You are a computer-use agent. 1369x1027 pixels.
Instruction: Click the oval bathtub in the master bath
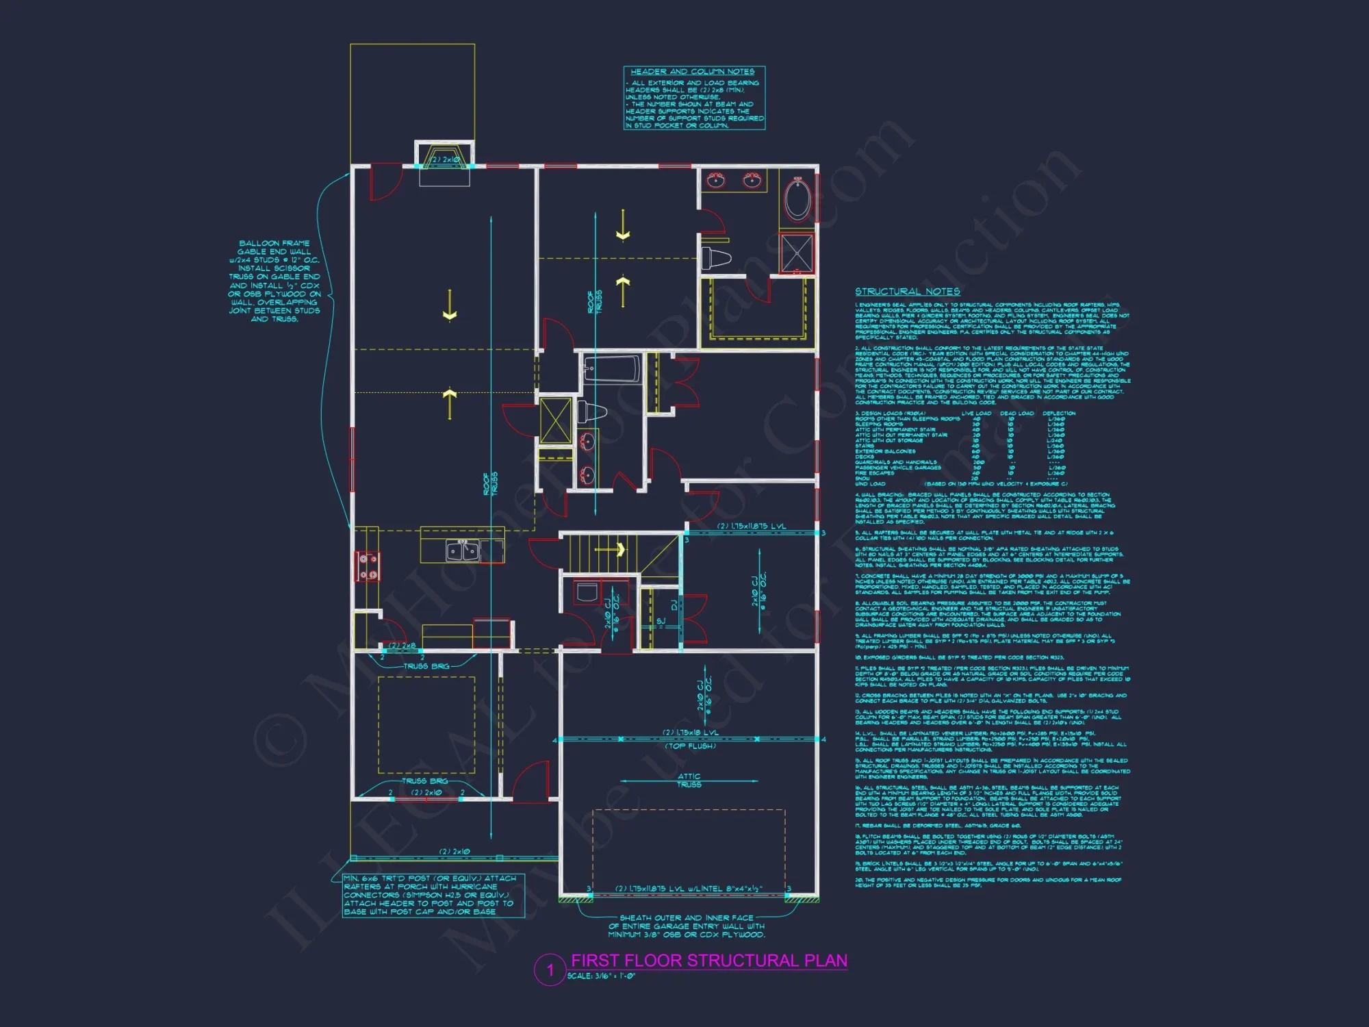pyautogui.click(x=797, y=199)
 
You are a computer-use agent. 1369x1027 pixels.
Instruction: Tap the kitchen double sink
pyautogui.click(x=462, y=550)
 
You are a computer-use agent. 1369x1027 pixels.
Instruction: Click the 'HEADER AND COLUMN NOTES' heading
pyautogui.click(x=693, y=71)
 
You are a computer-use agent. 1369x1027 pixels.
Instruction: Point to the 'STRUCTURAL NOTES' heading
pyautogui.click(x=907, y=292)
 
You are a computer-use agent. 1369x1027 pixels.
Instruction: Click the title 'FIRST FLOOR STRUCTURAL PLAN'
pyautogui.click(x=709, y=961)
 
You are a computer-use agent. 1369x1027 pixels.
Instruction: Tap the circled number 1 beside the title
pyautogui.click(x=550, y=969)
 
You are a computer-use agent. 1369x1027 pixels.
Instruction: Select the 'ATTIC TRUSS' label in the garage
pyautogui.click(x=689, y=781)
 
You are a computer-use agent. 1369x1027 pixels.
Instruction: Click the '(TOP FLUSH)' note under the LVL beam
pyautogui.click(x=690, y=746)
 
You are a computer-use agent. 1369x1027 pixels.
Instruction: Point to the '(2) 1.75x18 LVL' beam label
pyautogui.click(x=690, y=733)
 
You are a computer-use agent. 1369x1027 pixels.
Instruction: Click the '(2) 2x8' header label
pyautogui.click(x=402, y=646)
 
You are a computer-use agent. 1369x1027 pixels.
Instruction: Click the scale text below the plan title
pyautogui.click(x=601, y=976)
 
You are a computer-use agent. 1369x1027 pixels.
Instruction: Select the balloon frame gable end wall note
pyautogui.click(x=274, y=281)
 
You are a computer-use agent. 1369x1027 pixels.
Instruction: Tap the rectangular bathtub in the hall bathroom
pyautogui.click(x=612, y=368)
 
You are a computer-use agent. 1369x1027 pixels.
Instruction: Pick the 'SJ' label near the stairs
pyautogui.click(x=661, y=621)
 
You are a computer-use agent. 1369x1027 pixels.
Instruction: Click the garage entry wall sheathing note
pyautogui.click(x=687, y=926)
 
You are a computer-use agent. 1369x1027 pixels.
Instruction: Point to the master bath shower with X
pyautogui.click(x=797, y=253)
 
